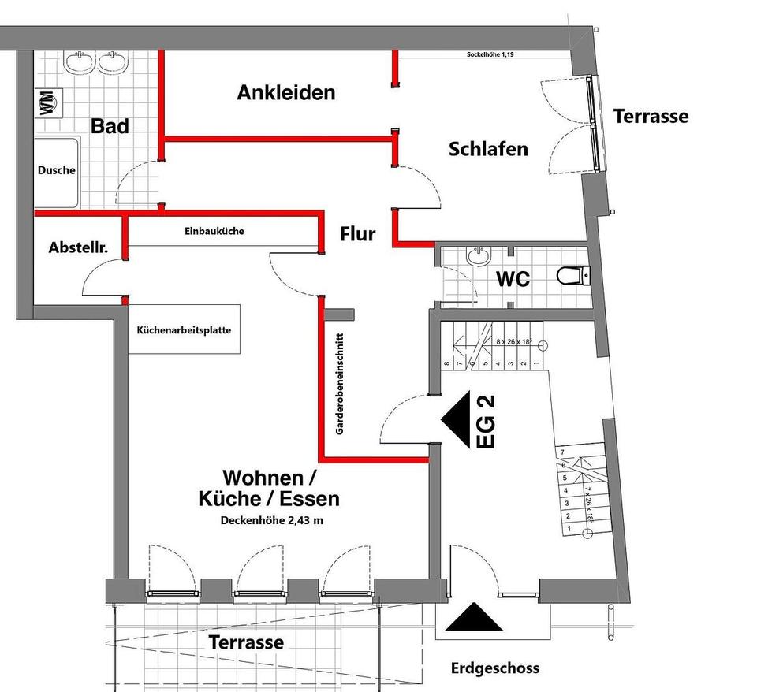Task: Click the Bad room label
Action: click(x=110, y=126)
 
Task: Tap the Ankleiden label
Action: click(x=286, y=93)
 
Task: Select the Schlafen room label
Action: click(x=488, y=149)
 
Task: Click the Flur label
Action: click(x=357, y=234)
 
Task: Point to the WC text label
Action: click(x=512, y=279)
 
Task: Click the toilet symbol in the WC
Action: click(x=572, y=276)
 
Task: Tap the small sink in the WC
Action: click(x=478, y=255)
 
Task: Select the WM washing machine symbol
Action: click(x=48, y=103)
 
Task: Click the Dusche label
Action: click(x=57, y=170)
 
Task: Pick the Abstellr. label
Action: click(x=78, y=247)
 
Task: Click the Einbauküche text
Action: click(x=214, y=232)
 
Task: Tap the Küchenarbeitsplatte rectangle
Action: click(x=184, y=329)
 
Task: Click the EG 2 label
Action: click(x=487, y=422)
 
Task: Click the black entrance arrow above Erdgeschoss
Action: click(x=474, y=618)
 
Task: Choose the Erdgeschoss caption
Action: click(x=495, y=668)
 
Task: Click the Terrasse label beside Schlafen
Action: click(x=651, y=117)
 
